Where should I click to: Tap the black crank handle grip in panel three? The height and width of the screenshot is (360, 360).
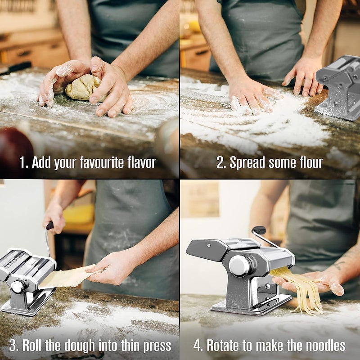pos(49,225)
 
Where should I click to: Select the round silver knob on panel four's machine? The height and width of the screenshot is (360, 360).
pos(239,265)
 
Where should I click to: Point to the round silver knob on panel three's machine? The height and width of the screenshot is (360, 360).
pos(18,287)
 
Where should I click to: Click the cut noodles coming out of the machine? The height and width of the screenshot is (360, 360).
pos(298,290)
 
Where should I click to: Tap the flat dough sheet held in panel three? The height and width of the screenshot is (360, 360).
pos(69,277)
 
